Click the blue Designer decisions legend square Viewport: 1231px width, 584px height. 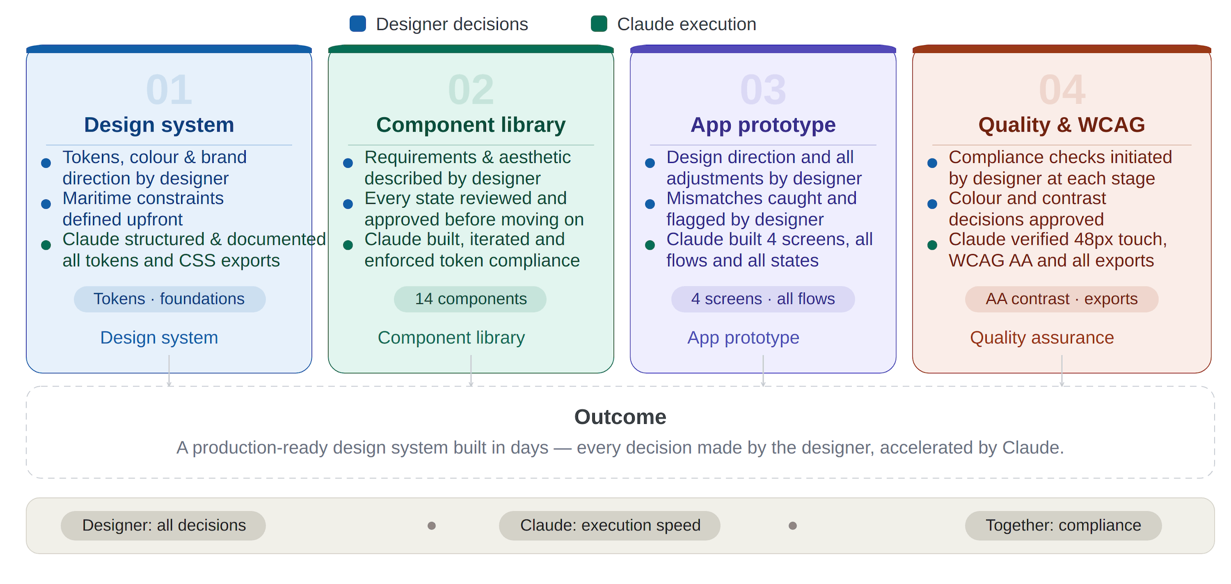357,24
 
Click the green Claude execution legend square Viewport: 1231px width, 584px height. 599,24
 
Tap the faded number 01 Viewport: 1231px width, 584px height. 169,90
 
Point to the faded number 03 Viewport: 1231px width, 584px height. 763,90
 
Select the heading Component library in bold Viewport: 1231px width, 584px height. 471,125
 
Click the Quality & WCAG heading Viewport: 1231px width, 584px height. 1062,125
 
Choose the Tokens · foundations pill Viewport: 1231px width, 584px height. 169,299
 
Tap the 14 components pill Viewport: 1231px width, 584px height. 470,299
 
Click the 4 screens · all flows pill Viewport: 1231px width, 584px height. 763,299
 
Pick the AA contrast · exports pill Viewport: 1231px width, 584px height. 1062,299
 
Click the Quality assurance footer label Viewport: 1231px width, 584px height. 1042,338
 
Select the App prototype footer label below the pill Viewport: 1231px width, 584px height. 743,338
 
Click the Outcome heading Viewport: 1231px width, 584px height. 620,417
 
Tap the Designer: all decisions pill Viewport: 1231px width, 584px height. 163,525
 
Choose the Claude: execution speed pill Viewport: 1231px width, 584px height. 610,525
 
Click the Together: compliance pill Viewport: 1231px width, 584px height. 1063,525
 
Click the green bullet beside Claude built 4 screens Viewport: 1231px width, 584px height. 650,245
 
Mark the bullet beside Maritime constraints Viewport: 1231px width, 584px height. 46,204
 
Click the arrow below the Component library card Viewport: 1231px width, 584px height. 471,371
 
